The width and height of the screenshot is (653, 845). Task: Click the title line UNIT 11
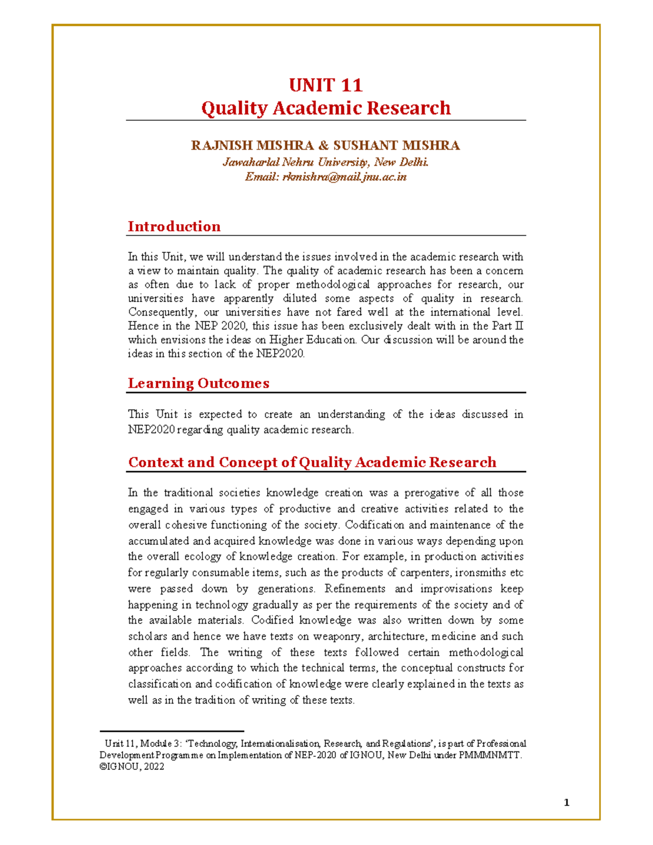pyautogui.click(x=325, y=85)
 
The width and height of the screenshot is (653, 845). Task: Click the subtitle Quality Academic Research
pyautogui.click(x=325, y=108)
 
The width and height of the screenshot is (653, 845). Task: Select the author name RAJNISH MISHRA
pyautogui.click(x=252, y=146)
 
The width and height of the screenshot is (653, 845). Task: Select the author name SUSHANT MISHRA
pyautogui.click(x=396, y=146)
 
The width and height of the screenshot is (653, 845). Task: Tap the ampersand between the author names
pyautogui.click(x=323, y=146)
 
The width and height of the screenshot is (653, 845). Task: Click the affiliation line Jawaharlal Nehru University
pyautogui.click(x=325, y=162)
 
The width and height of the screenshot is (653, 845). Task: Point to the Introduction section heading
pyautogui.click(x=174, y=226)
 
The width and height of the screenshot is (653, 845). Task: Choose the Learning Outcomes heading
pyautogui.click(x=199, y=383)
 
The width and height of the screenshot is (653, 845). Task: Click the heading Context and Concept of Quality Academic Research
pyautogui.click(x=312, y=462)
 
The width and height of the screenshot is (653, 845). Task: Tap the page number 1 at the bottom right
pyautogui.click(x=566, y=803)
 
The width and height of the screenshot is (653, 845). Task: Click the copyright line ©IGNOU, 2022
pyautogui.click(x=132, y=767)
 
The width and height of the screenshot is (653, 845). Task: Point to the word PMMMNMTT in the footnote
pyautogui.click(x=493, y=755)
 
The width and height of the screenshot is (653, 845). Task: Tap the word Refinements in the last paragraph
pyautogui.click(x=355, y=589)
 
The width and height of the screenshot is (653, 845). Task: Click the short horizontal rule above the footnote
pyautogui.click(x=172, y=732)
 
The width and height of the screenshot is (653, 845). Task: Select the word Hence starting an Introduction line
pyautogui.click(x=143, y=326)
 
